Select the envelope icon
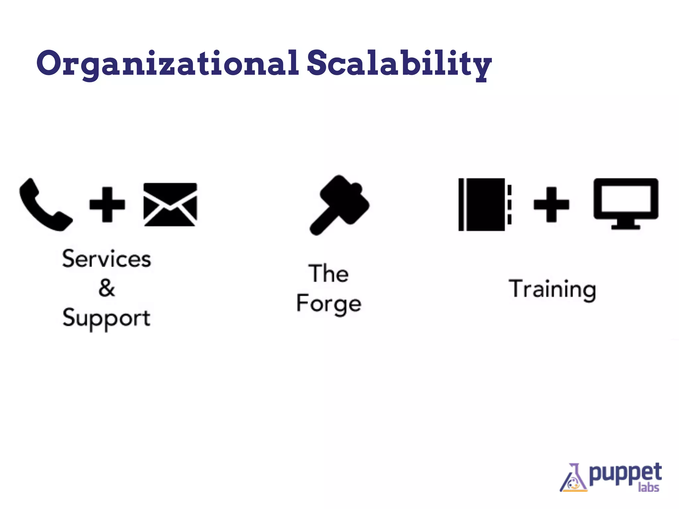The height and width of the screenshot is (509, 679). tap(170, 204)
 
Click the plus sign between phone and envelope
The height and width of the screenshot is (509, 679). tap(107, 204)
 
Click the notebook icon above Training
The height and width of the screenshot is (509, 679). tap(484, 204)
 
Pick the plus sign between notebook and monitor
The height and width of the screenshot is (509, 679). tap(551, 204)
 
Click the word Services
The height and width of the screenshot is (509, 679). tap(106, 259)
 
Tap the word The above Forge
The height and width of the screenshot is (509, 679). tap(329, 274)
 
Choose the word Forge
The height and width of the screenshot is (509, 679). tap(329, 303)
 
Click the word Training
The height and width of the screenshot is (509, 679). tap(552, 289)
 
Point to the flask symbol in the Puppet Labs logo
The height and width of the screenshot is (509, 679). tap(574, 479)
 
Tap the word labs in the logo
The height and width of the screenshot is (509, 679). tap(648, 487)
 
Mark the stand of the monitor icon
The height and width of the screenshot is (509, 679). tap(626, 225)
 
